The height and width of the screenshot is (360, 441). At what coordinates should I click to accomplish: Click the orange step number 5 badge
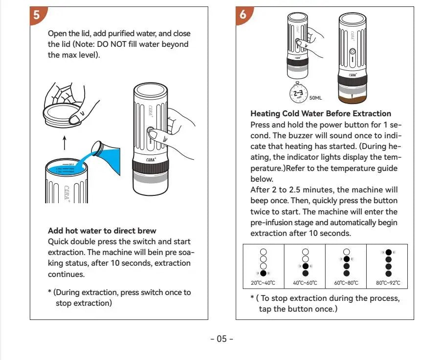click(37, 15)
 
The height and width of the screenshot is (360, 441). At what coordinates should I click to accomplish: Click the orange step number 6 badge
click(243, 15)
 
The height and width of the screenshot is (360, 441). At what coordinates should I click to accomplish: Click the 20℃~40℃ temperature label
click(264, 283)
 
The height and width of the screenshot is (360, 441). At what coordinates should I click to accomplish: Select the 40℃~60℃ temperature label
click(305, 283)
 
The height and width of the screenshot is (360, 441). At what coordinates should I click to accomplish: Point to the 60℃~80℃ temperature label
click(346, 283)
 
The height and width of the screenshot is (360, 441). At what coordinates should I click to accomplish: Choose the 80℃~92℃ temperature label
click(388, 283)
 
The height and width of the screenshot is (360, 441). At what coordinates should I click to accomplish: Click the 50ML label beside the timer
click(315, 98)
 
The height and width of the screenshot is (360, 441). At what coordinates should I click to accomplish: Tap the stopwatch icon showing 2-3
click(298, 93)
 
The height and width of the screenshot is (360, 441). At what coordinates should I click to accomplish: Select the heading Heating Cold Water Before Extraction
click(321, 114)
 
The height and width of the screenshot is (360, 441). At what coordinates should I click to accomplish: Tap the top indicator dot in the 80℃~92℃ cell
click(388, 253)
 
